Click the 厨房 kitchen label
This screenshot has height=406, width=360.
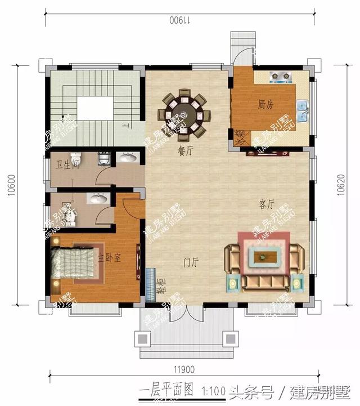(266, 104)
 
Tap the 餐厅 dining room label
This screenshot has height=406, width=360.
(185, 150)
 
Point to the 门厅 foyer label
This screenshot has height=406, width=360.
(191, 262)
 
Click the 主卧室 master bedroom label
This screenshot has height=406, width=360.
(110, 258)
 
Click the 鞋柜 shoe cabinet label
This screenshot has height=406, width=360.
(159, 288)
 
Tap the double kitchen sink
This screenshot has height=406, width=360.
(303, 110)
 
